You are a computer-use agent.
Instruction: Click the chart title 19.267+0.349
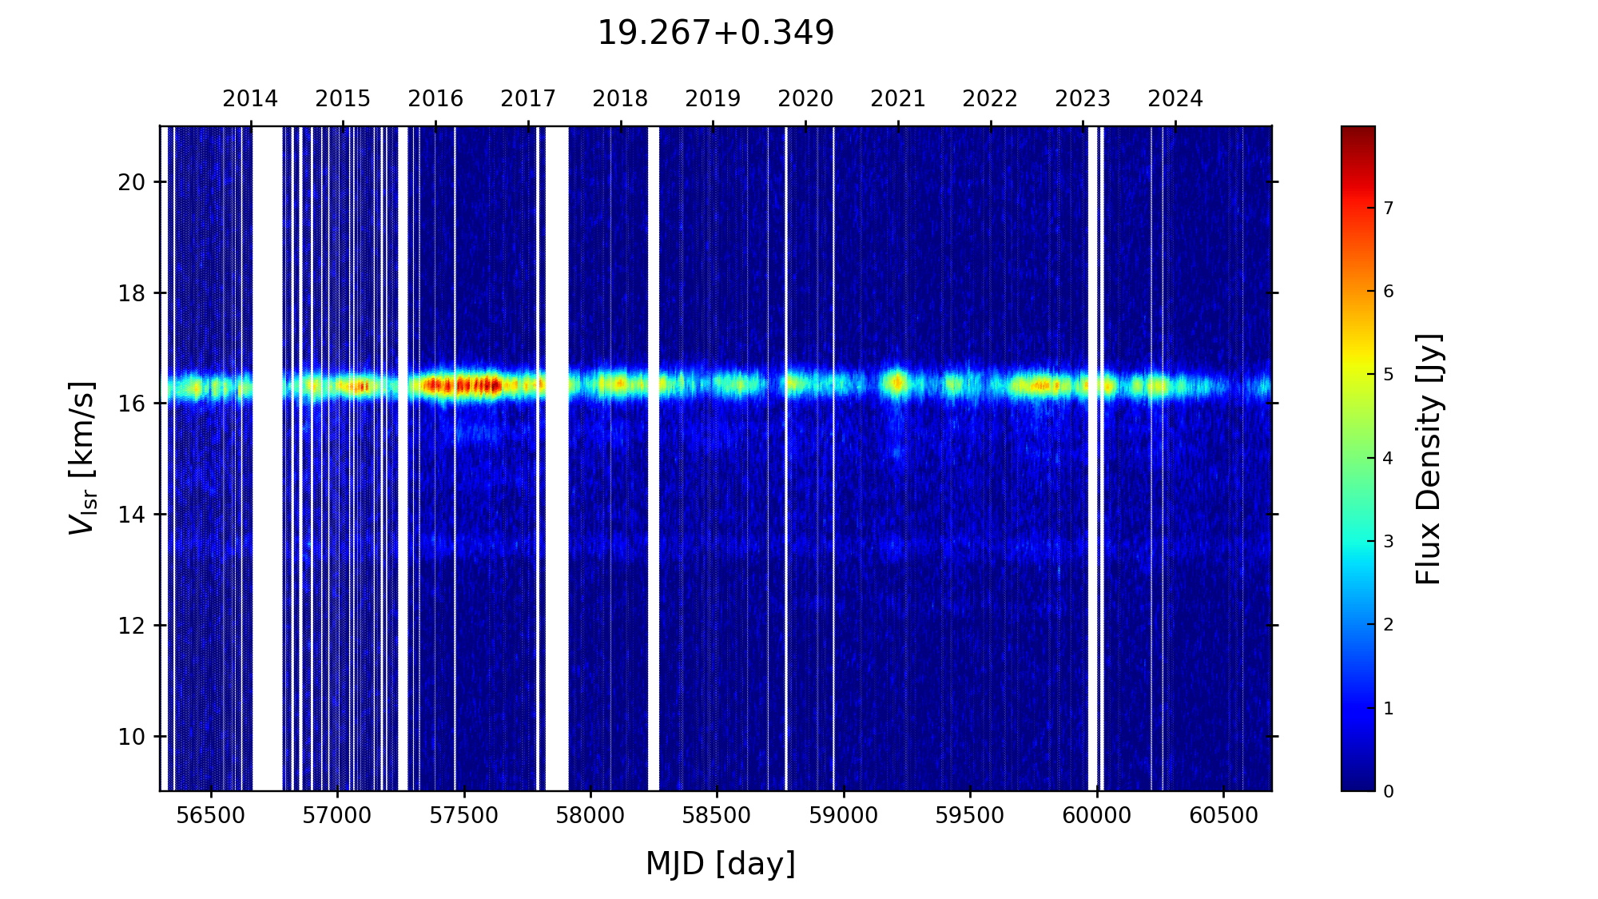tap(715, 34)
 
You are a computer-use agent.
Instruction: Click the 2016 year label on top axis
tap(435, 99)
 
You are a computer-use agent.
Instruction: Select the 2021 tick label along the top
tap(897, 99)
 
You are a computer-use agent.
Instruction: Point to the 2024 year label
tap(1175, 99)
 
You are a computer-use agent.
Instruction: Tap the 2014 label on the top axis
tap(250, 99)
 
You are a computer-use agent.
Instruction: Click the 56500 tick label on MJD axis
tap(211, 816)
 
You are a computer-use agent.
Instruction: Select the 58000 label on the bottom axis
tap(590, 816)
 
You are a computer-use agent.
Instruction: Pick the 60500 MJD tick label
tap(1223, 816)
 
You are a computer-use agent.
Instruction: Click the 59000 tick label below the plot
tap(844, 816)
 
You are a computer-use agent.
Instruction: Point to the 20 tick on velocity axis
tap(131, 182)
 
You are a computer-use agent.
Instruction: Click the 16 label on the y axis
tap(131, 404)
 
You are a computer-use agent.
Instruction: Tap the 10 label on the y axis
tap(131, 737)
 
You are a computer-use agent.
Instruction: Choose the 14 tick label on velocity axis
tap(131, 515)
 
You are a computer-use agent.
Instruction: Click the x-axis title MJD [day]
tap(720, 864)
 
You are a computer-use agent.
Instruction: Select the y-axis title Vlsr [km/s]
tap(82, 458)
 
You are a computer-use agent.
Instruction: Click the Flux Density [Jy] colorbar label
tap(1428, 459)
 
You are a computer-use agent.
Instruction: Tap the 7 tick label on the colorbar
tap(1388, 209)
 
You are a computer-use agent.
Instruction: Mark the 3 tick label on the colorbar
tap(1388, 542)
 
